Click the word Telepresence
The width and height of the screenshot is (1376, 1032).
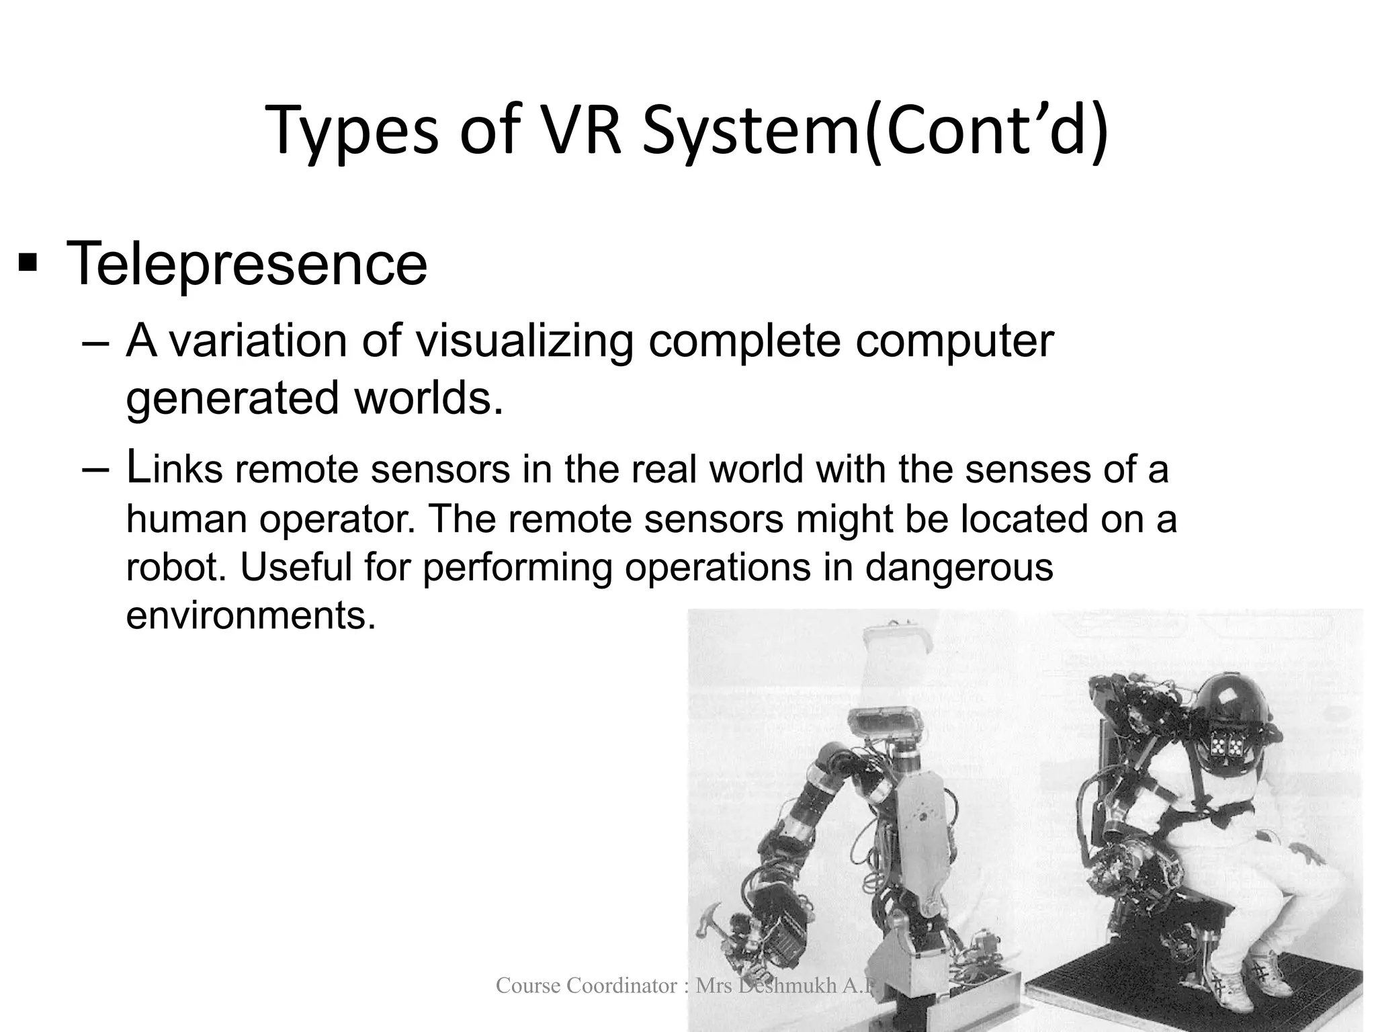tap(247, 264)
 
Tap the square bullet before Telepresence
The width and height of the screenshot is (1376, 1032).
tap(28, 263)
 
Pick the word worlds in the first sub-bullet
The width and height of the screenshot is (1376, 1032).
tap(428, 398)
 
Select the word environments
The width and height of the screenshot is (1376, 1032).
tap(250, 615)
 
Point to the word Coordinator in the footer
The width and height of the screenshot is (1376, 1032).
tap(622, 986)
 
